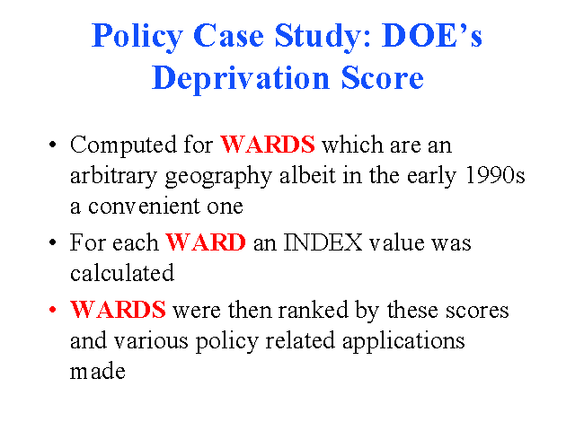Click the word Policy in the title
137,38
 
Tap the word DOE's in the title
431,36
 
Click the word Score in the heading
382,78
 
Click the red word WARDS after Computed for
268,144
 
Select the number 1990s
495,175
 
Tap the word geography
218,177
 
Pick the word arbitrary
113,177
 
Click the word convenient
144,207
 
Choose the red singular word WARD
206,242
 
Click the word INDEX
323,242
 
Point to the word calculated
122,273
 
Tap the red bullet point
52,310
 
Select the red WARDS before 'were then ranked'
118,309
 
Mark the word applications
403,341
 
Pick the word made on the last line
98,371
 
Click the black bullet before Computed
52,144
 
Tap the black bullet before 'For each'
52,242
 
